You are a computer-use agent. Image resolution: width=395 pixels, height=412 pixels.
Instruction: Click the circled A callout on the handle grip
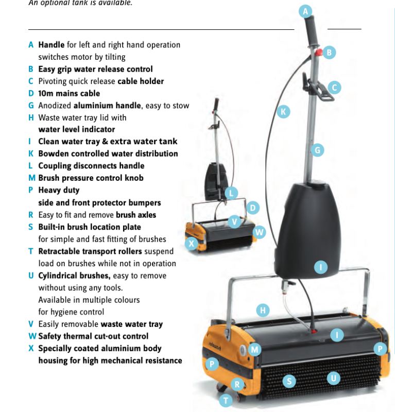click(305, 11)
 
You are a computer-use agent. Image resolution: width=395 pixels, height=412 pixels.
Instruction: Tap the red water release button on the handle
click(319, 52)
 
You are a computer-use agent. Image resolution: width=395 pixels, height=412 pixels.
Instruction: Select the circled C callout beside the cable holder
click(335, 88)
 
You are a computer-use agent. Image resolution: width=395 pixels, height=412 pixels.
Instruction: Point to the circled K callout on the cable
click(283, 112)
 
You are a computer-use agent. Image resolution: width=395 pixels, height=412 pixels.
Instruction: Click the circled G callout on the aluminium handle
click(317, 150)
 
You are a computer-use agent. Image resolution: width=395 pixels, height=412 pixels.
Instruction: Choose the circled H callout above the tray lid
click(263, 311)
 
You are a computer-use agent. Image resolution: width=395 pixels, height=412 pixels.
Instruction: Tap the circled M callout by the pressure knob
click(254, 350)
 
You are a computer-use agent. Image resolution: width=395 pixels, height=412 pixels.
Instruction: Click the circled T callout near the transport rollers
click(226, 401)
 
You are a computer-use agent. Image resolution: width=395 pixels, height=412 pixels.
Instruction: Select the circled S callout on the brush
click(289, 381)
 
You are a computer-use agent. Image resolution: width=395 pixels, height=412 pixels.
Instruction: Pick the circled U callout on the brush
click(334, 379)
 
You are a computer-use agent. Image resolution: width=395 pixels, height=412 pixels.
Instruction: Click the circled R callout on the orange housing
click(237, 384)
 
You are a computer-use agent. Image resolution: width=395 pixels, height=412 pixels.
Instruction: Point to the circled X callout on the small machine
click(192, 244)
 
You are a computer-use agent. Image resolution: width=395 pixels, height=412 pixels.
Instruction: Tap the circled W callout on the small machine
click(259, 232)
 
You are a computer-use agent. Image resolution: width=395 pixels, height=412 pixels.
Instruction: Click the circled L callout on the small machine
click(231, 193)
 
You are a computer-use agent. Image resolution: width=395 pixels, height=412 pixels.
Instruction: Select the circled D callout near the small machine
click(253, 208)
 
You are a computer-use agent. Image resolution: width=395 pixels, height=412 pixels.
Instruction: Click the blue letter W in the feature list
click(32, 336)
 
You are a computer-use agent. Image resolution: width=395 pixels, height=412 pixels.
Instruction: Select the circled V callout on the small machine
click(234, 222)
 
